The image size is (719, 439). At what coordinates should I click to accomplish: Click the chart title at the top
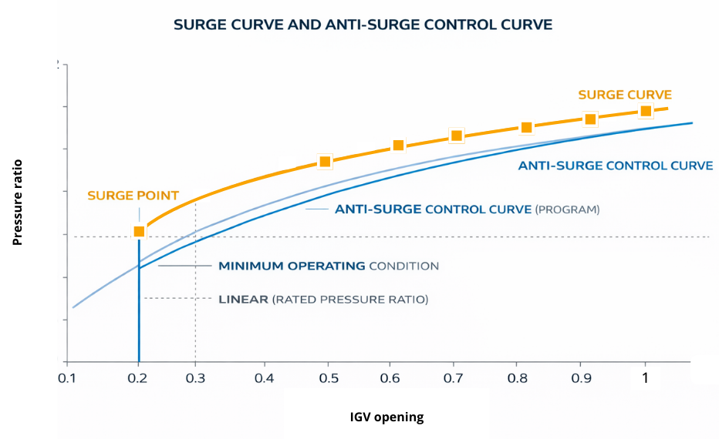click(363, 25)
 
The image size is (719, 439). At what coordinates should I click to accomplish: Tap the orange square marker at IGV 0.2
click(139, 232)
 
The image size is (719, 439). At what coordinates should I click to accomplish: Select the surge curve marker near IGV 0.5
click(325, 161)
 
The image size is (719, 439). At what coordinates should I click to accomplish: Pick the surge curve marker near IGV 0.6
click(398, 146)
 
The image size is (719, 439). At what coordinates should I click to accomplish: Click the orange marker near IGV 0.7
click(456, 136)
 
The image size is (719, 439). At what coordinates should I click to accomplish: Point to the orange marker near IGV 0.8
click(526, 127)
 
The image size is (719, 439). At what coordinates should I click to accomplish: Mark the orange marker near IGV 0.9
click(590, 119)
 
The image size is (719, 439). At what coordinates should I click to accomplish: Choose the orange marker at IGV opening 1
click(646, 111)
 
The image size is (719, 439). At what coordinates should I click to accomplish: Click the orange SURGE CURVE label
click(625, 95)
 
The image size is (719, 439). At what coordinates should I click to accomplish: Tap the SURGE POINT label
click(133, 196)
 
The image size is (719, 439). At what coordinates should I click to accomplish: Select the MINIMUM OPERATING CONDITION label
click(328, 266)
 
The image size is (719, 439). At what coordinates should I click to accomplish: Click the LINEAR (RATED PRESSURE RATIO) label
click(322, 299)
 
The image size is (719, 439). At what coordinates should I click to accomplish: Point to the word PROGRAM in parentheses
click(567, 209)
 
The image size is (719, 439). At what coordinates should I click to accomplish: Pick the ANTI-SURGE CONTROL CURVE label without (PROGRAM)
click(615, 166)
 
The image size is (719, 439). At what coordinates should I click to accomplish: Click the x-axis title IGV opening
click(387, 417)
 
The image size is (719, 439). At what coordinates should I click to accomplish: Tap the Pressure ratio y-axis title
click(17, 202)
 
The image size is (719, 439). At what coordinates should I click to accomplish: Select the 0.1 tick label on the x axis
click(68, 378)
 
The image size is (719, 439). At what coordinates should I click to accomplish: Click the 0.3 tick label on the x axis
click(196, 378)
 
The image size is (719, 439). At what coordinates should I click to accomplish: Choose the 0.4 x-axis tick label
click(264, 378)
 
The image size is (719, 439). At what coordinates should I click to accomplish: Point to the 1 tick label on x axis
click(645, 378)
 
